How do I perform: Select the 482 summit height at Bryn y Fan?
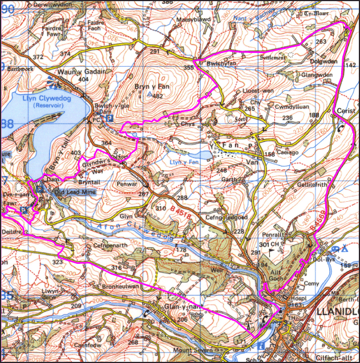(158, 96)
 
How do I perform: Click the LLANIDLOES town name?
(337, 312)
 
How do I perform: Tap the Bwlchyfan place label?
(221, 64)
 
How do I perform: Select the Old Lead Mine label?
(72, 193)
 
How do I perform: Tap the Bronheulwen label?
(120, 287)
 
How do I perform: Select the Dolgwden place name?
(324, 62)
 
